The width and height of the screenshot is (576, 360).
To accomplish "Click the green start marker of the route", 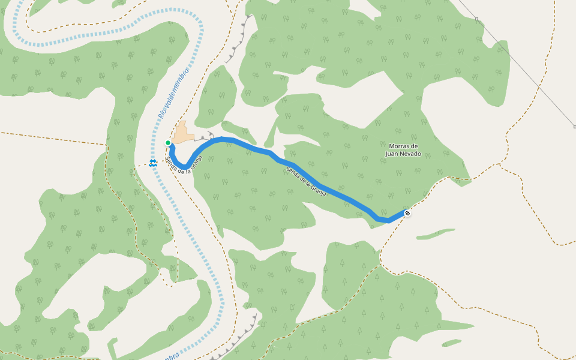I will [x=168, y=143].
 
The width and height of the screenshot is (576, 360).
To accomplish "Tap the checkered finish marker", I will [x=407, y=213].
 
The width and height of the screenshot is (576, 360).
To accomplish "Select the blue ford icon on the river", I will [x=154, y=163].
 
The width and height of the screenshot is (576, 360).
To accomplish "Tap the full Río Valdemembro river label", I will [x=173, y=93].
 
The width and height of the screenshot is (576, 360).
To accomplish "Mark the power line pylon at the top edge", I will [x=477, y=19].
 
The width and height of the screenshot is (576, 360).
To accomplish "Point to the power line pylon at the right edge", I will [x=574, y=127].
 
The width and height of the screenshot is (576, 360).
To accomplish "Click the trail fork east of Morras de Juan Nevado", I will [x=499, y=164].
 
